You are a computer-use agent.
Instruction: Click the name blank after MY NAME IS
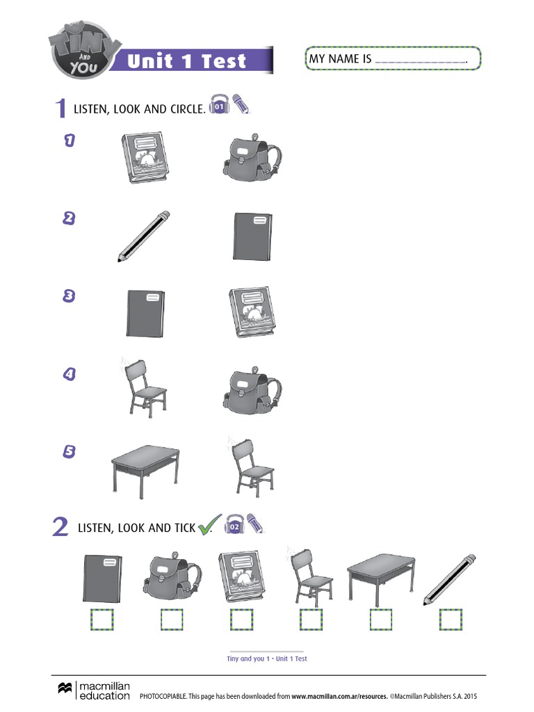pyautogui.click(x=420, y=62)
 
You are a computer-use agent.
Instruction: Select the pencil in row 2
pyautogui.click(x=144, y=236)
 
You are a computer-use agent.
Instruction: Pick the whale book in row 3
pyautogui.click(x=252, y=312)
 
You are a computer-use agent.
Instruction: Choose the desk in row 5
pyautogui.click(x=145, y=471)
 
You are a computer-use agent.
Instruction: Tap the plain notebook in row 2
pyautogui.click(x=252, y=236)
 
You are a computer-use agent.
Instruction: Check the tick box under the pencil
pyautogui.click(x=451, y=620)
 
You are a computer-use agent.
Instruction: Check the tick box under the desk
pyautogui.click(x=380, y=620)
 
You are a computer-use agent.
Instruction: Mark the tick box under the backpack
pyautogui.click(x=172, y=620)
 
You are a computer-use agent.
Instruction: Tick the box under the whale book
pyautogui.click(x=241, y=620)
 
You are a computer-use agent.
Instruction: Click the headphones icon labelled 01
pyautogui.click(x=219, y=105)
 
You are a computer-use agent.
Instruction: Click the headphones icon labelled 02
pyautogui.click(x=234, y=525)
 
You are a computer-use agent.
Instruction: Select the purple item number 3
pyautogui.click(x=69, y=296)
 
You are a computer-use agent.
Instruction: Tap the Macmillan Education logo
pyautogui.click(x=94, y=690)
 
